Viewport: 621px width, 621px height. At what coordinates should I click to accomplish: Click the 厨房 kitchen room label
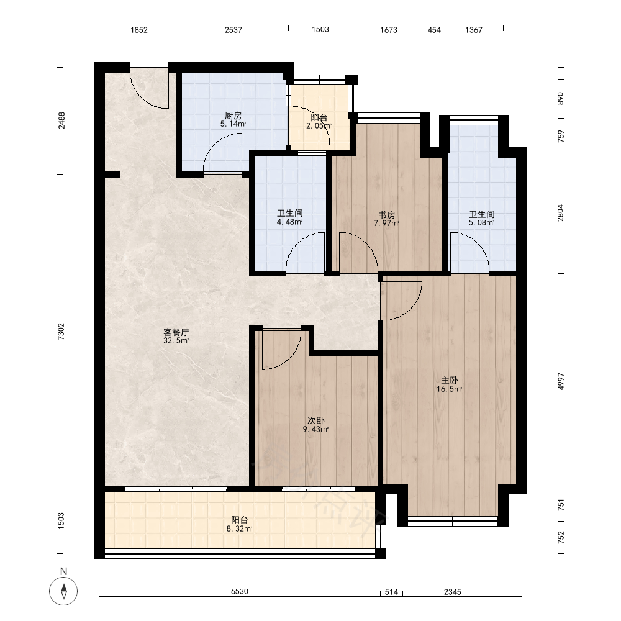pos(233,116)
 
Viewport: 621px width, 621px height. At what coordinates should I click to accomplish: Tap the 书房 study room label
pos(386,215)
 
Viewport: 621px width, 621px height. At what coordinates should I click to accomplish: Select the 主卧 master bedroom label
pos(450,380)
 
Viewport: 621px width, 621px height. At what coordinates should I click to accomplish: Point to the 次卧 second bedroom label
pos(315,420)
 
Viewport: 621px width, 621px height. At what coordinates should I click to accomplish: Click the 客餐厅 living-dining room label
pos(176,332)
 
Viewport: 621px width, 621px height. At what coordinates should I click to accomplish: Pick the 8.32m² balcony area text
pos(240,528)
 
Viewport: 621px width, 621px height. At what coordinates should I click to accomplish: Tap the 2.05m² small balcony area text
pos(319,126)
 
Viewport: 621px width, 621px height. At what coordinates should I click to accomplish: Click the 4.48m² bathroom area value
pos(289,222)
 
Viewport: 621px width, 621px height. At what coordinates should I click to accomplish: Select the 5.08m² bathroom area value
pos(482,222)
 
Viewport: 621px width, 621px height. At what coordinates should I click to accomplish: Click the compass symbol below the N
pos(63,591)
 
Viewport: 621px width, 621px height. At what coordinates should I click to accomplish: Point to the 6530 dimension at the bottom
pos(240,592)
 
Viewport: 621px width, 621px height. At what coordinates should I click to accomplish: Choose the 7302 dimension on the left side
pos(61,332)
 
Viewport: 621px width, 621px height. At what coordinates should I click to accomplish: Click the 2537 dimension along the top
pos(233,30)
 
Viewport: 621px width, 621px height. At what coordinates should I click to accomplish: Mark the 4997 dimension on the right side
pos(560,381)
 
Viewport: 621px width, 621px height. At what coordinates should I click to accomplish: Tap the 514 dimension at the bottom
pos(391,592)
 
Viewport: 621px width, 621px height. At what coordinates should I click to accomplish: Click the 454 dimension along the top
pos(435,30)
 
